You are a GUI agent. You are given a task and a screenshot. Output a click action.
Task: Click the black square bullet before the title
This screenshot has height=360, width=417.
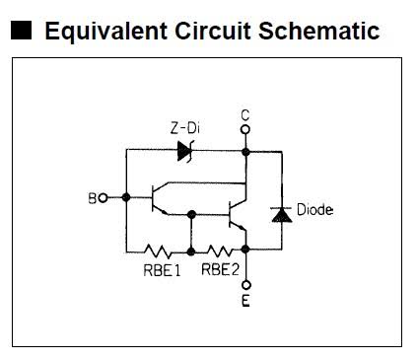pyautogui.click(x=22, y=31)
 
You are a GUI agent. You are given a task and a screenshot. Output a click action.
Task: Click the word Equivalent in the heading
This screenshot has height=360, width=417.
pyautogui.click(x=105, y=32)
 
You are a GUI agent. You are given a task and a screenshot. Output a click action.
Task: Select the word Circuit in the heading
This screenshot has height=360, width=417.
pyautogui.click(x=212, y=31)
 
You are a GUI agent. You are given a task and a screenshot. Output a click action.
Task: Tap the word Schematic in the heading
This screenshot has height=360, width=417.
pyautogui.click(x=319, y=31)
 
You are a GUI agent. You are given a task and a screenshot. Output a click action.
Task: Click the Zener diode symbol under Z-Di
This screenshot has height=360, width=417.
pyautogui.click(x=185, y=151)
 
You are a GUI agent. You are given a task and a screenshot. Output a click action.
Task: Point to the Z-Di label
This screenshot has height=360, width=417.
pyautogui.click(x=185, y=128)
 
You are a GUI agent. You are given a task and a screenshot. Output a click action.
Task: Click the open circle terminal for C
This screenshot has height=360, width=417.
pyautogui.click(x=245, y=129)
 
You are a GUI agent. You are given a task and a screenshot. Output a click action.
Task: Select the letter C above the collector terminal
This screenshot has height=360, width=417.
pyautogui.click(x=245, y=115)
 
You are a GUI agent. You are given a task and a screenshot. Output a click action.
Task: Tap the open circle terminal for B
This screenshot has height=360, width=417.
pyautogui.click(x=104, y=198)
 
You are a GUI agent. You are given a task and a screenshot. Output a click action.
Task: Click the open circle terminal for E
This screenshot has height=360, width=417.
pyautogui.click(x=245, y=285)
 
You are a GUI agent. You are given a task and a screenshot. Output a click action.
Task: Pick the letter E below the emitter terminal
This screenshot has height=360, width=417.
pyautogui.click(x=245, y=301)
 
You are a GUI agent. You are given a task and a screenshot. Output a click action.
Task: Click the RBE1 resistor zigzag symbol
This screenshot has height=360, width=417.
pyautogui.click(x=158, y=252)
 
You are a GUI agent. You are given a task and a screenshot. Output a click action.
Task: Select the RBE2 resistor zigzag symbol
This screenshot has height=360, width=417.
pyautogui.click(x=220, y=252)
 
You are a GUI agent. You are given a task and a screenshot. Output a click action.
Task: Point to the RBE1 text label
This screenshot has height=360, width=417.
pyautogui.click(x=163, y=270)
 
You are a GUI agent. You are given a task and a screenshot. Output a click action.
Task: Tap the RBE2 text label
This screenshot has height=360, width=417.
pyautogui.click(x=220, y=269)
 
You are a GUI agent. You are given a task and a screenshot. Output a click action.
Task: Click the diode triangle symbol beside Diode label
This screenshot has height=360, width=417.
pyautogui.click(x=282, y=215)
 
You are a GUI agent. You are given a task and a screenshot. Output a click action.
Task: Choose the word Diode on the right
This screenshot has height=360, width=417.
pyautogui.click(x=314, y=210)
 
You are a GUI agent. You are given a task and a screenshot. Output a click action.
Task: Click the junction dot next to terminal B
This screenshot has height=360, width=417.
pyautogui.click(x=126, y=197)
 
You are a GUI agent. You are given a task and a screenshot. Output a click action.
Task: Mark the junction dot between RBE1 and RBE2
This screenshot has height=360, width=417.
pyautogui.click(x=191, y=252)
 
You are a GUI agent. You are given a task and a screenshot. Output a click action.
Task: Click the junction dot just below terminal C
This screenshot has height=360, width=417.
pyautogui.click(x=245, y=152)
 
